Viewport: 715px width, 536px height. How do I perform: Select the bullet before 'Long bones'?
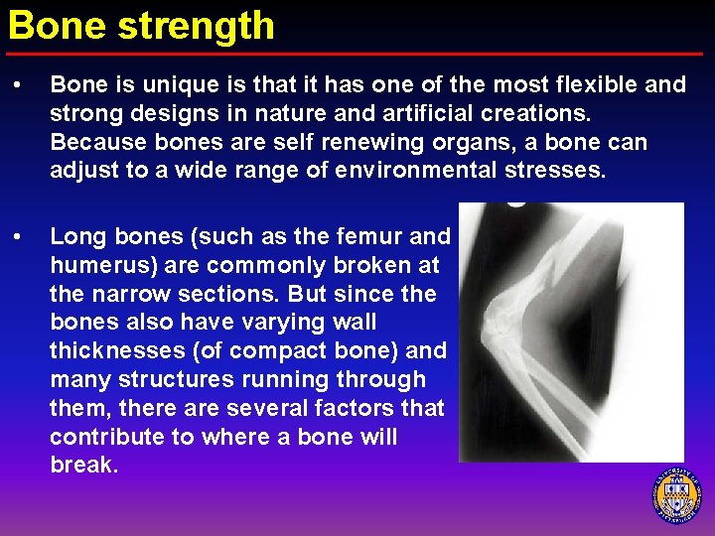pyautogui.click(x=19, y=237)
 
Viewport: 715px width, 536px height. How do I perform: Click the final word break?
pyautogui.click(x=83, y=465)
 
